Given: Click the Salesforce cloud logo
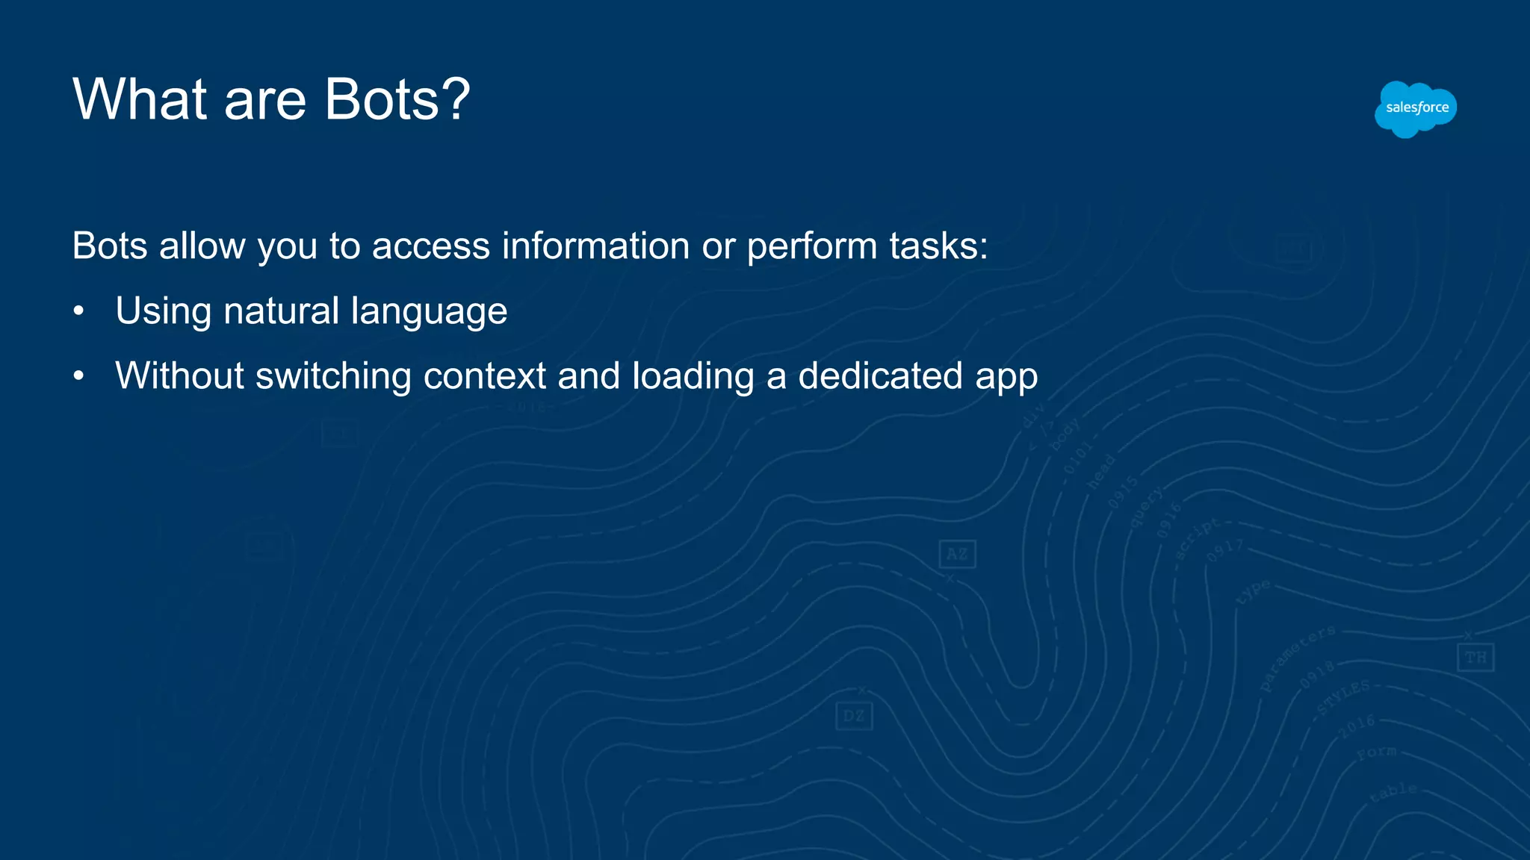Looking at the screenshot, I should [1416, 109].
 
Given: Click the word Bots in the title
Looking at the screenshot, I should [385, 99].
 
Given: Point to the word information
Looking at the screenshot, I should [595, 246].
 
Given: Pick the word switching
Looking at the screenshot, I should [333, 377].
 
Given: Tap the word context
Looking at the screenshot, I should [485, 376].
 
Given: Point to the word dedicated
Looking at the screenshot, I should [880, 376].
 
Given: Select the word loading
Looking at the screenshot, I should [693, 377].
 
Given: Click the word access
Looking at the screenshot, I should [431, 246].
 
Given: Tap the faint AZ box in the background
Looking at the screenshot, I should [957, 554].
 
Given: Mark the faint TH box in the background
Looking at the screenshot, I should [1475, 658].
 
